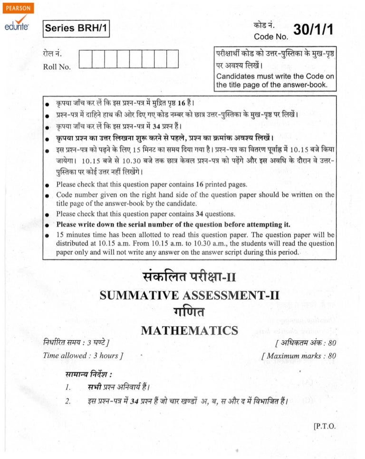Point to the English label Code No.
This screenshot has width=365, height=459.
point(271,37)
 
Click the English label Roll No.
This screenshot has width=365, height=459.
point(57,67)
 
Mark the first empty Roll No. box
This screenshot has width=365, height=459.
point(85,61)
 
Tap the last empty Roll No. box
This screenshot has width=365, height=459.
point(172,61)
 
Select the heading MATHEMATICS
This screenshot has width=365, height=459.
point(189,330)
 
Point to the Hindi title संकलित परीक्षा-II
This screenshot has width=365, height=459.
point(189,276)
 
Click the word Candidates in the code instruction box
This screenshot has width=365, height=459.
point(235,76)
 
